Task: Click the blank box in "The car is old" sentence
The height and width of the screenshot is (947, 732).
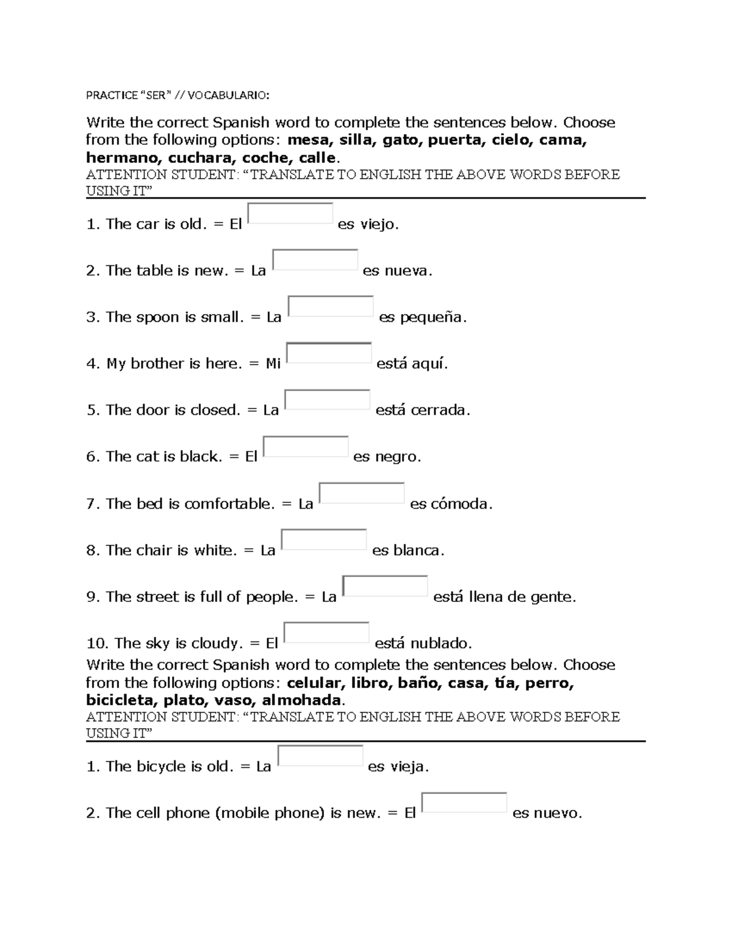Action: tap(290, 213)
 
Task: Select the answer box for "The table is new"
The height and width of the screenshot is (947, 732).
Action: tap(315, 260)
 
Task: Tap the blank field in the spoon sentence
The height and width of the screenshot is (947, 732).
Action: tap(331, 306)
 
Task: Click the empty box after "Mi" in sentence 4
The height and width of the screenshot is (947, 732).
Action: tap(329, 353)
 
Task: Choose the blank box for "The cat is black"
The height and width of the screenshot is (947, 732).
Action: tap(306, 446)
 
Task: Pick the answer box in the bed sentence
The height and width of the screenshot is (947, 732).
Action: tap(362, 493)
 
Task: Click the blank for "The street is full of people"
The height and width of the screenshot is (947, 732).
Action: tap(385, 586)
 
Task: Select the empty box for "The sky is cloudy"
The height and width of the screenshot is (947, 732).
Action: tap(326, 632)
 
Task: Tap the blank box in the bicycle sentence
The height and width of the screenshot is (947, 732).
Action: tap(320, 756)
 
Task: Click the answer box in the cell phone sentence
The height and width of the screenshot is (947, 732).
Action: tap(464, 802)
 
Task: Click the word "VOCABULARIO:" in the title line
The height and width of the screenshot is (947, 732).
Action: tap(228, 95)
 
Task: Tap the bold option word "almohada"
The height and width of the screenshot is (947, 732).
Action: tap(303, 700)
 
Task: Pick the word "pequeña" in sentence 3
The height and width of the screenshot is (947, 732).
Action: tap(432, 317)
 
